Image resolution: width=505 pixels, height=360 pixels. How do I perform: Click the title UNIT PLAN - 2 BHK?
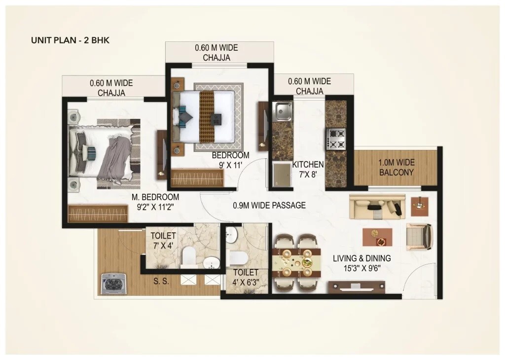[70, 40]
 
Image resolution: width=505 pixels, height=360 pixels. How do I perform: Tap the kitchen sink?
[284, 111]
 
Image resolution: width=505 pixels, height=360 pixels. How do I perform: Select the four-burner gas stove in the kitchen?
[336, 138]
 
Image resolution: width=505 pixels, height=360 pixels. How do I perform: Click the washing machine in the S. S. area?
[113, 284]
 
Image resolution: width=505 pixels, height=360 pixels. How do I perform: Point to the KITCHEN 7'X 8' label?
[308, 169]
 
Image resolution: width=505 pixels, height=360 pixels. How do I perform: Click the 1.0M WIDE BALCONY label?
[396, 168]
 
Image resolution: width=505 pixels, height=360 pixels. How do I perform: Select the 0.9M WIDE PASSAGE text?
[269, 205]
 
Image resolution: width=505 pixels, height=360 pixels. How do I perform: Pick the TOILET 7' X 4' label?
[163, 241]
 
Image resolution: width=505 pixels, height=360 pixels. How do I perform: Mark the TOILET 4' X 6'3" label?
[246, 277]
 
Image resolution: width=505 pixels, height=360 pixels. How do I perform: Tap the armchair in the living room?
[419, 237]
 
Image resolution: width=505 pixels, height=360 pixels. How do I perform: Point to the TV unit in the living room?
[357, 286]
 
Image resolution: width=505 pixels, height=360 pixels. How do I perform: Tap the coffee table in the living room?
[378, 237]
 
